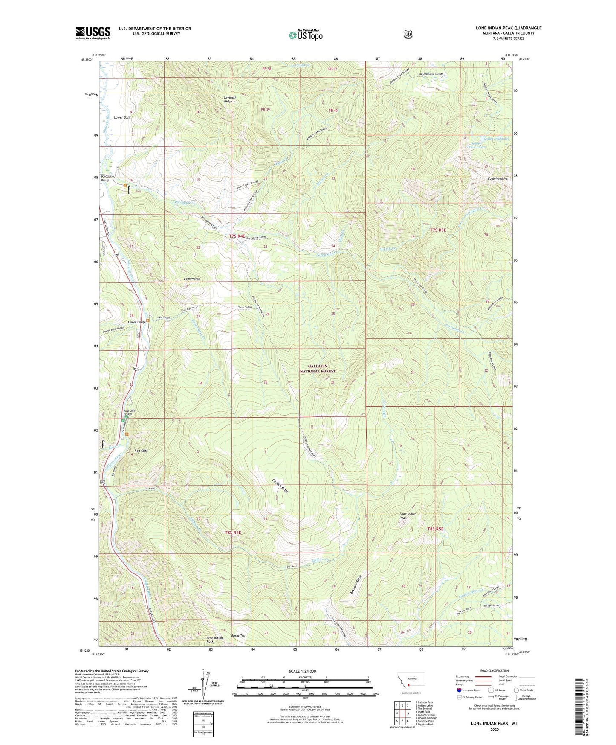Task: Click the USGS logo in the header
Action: click(93, 33)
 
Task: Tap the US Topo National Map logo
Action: click(306, 35)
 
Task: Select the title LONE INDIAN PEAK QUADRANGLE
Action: click(509, 28)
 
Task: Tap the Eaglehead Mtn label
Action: click(498, 179)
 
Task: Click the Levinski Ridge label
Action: click(230, 99)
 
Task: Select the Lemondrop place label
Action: click(192, 279)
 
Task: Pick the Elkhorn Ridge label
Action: click(280, 486)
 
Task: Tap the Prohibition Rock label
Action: click(214, 640)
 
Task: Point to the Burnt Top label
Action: click(238, 636)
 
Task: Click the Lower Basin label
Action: click(122, 117)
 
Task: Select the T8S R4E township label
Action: click(233, 533)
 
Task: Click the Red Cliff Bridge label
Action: click(129, 412)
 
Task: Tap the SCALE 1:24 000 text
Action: click(302, 671)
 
